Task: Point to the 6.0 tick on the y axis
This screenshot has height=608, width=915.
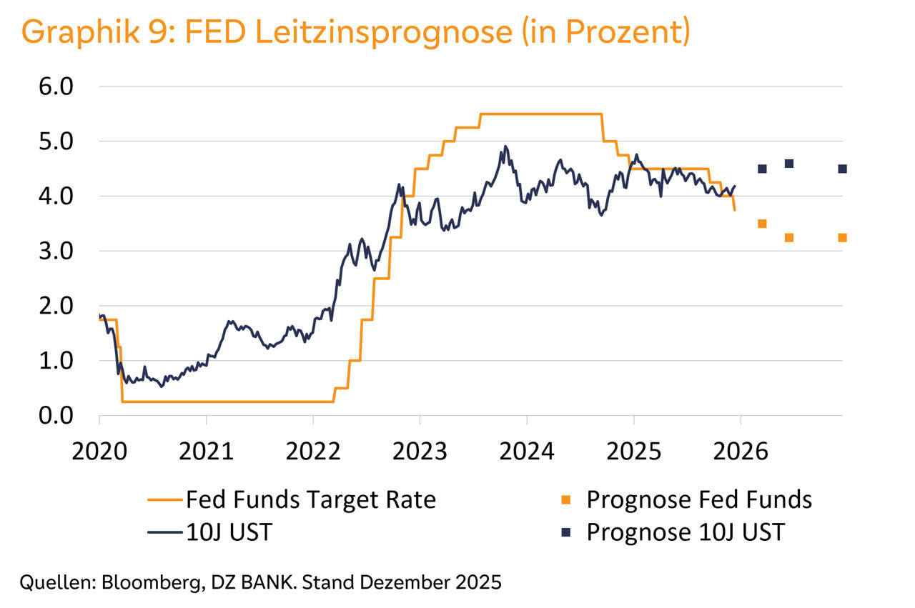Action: point(55,86)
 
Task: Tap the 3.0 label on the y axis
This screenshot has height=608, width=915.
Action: point(55,251)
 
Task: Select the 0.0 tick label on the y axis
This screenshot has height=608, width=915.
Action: point(55,416)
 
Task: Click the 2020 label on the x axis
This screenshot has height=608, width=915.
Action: point(99,452)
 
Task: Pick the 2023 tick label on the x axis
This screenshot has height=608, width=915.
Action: point(420,452)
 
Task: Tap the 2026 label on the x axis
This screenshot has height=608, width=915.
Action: point(741,452)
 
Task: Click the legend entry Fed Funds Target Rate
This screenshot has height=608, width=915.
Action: point(310,499)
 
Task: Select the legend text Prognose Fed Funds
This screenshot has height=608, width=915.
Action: point(698,499)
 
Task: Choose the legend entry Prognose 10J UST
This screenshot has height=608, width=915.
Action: point(686,532)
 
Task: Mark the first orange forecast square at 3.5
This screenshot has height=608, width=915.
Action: point(762,224)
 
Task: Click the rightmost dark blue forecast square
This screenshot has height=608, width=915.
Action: point(842,169)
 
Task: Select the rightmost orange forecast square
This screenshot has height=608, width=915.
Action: point(842,238)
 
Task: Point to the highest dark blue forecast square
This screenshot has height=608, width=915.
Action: point(789,164)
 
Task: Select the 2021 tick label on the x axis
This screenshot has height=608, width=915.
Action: point(206,452)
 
